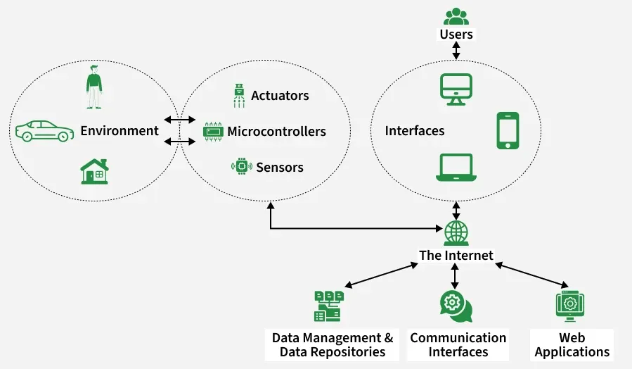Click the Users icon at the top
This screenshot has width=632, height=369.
point(456,15)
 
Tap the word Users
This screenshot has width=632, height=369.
point(456,34)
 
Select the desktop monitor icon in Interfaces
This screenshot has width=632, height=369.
point(456,89)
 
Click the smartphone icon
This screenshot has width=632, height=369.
point(508,130)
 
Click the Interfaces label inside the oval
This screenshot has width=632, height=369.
point(415,131)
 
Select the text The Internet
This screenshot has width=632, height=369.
point(456,255)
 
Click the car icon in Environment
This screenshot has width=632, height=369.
point(44,131)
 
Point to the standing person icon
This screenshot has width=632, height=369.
point(94,87)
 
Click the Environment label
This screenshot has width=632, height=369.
point(120,131)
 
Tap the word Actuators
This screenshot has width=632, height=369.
point(280,95)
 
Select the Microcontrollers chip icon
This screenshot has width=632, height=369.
point(212,131)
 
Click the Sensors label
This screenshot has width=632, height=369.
point(280,168)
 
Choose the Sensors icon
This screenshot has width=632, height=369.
point(242,167)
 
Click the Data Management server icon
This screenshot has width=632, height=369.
point(328,306)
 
